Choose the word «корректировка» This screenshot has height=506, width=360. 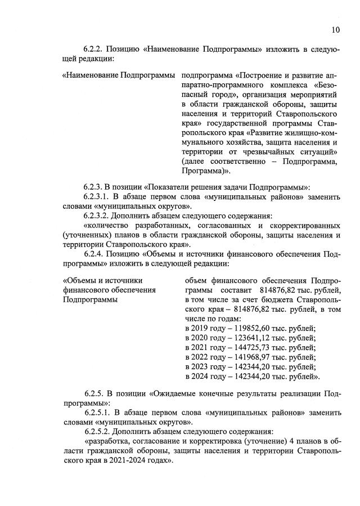tap(209, 441)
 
